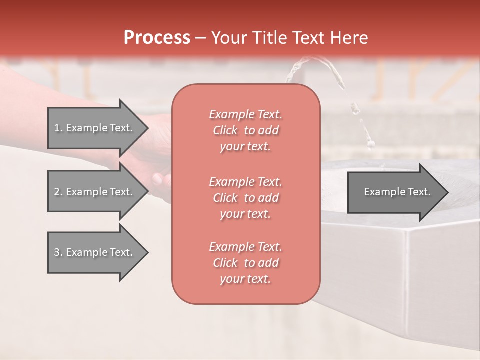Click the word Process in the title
[x=157, y=38]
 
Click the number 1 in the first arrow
[x=57, y=128]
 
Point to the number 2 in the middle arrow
[x=57, y=192]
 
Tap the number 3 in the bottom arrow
[x=57, y=252]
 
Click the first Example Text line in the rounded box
[x=245, y=114]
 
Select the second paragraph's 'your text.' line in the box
[x=245, y=214]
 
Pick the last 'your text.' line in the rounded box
[x=245, y=279]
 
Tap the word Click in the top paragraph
[x=225, y=130]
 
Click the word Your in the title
[x=227, y=38]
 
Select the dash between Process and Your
[x=200, y=38]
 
